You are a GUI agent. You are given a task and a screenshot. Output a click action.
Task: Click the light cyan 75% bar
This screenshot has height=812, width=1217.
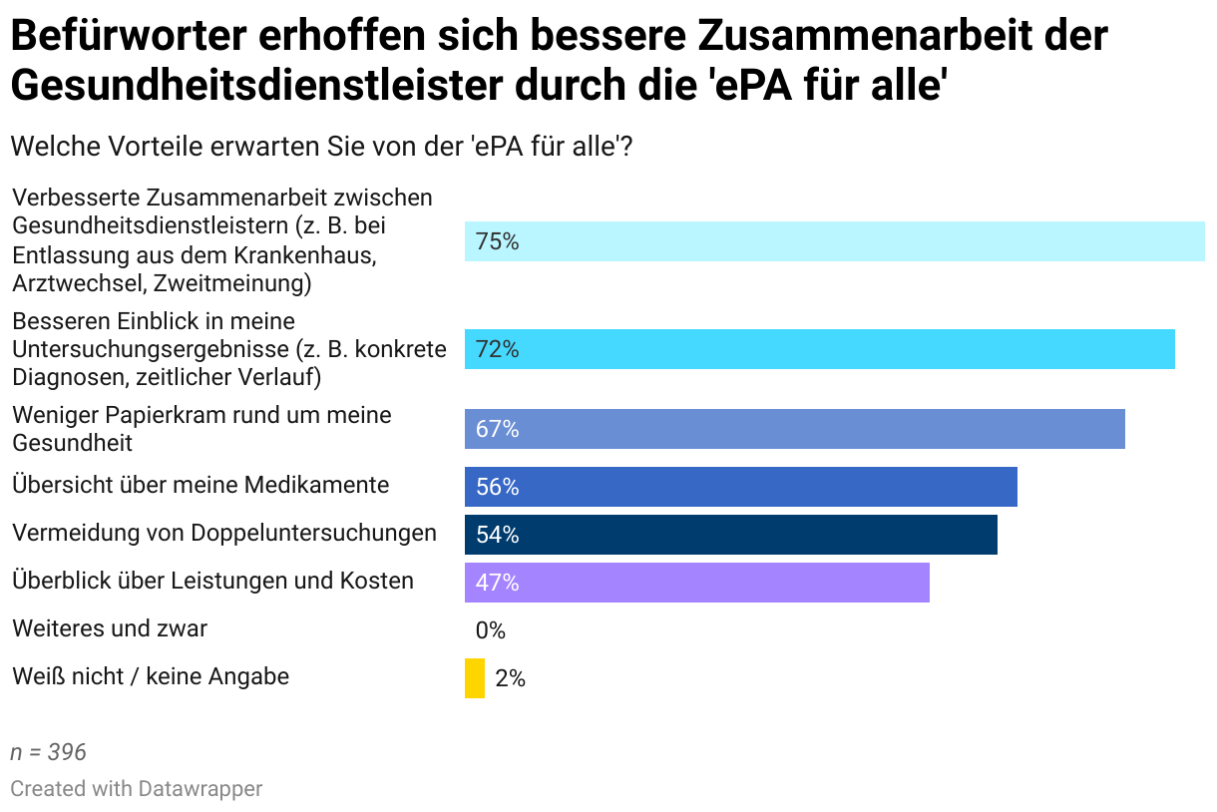[834, 241]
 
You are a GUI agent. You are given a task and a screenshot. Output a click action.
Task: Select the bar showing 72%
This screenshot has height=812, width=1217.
[819, 349]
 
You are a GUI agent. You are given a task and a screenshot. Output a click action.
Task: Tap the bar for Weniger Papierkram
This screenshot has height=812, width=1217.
[794, 429]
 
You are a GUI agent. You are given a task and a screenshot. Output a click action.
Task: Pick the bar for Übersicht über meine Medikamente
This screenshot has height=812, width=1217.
[740, 487]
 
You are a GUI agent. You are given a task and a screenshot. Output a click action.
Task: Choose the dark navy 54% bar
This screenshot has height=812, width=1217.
[730, 535]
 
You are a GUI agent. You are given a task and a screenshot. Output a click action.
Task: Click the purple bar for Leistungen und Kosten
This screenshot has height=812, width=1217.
[696, 583]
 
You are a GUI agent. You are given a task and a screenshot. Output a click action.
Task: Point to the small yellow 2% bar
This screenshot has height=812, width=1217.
[475, 678]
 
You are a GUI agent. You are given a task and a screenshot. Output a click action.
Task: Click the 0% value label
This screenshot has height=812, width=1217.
[491, 631]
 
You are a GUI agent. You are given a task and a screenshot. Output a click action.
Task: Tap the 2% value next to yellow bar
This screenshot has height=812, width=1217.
[510, 679]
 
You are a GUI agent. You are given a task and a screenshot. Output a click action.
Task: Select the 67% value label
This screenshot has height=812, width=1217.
[497, 430]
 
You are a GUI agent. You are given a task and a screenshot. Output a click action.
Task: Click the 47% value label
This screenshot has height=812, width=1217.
[497, 584]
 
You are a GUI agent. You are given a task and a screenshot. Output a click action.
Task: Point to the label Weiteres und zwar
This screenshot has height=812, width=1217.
[110, 628]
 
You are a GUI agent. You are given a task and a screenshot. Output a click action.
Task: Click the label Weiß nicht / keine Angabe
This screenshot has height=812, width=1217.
[151, 676]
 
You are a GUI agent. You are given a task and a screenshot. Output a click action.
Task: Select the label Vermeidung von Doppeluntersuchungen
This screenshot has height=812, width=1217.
[224, 533]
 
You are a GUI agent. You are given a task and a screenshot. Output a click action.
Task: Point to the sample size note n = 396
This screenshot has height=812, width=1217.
[49, 752]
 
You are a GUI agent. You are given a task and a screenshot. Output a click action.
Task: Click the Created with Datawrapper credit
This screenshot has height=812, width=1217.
[137, 788]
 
